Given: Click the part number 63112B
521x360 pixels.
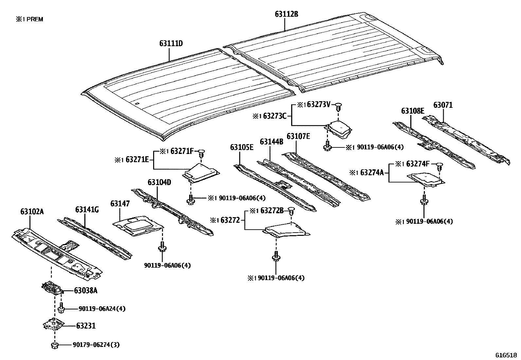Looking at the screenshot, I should [286, 14].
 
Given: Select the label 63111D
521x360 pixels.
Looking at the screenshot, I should [171, 43].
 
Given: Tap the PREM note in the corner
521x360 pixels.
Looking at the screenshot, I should [29, 19].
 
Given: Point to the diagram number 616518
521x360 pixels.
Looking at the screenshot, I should [506, 355].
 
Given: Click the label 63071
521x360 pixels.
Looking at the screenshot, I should [443, 105].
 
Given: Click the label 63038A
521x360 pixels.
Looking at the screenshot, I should [85, 290].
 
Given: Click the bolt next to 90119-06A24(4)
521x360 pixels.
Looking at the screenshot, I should [61, 308].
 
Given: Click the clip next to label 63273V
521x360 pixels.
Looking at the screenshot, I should [338, 106].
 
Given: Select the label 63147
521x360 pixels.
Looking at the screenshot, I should [120, 204].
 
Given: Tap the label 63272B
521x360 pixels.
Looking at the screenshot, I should [272, 211].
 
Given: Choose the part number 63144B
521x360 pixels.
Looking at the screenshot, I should [271, 142].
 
